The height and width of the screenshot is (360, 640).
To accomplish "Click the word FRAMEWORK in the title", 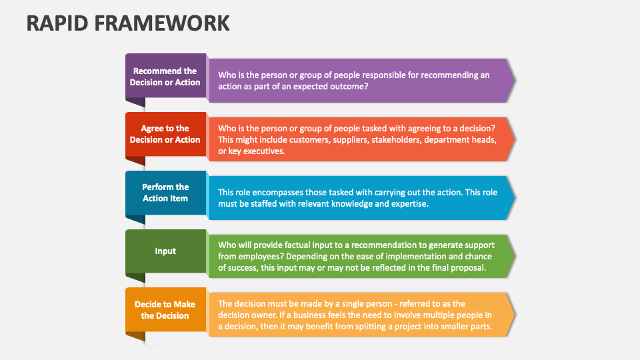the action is coord(162,23).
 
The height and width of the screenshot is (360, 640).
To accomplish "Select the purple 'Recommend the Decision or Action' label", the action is coord(165,76).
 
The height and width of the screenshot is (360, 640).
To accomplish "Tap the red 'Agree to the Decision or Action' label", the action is coord(165,134).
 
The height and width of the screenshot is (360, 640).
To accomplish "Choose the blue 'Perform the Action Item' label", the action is coord(165,193).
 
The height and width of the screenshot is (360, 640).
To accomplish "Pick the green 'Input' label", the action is coord(165,251).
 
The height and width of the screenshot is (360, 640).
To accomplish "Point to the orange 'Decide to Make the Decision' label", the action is coord(165,310).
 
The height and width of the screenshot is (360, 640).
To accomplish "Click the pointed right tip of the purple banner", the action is coord(515,81).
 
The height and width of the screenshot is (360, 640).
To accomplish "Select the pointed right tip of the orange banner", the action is coord(515,314).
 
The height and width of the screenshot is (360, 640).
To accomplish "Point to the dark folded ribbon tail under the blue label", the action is coord(135,219).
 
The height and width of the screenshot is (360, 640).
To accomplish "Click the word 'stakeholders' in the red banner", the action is coord(398,140).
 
